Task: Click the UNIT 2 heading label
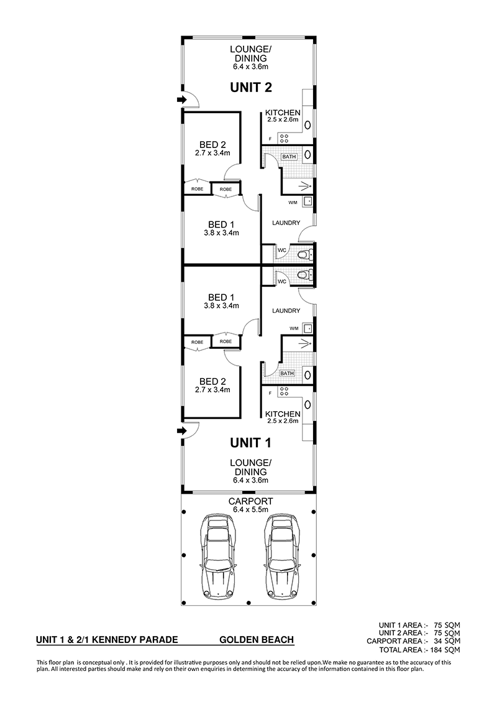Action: coord(251,87)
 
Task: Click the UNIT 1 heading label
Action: coord(251,443)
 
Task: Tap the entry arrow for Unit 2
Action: coord(181,100)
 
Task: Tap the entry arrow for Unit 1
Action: coord(181,431)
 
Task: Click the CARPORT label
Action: coord(250,501)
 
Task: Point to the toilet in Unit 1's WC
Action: coord(306,274)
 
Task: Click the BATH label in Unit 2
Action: coord(289,157)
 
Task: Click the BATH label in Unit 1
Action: coord(287,373)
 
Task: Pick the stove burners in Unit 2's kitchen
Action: coord(283,138)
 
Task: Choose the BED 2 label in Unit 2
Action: coord(212,144)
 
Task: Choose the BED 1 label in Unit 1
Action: coord(221,297)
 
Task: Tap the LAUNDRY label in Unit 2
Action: coord(286,223)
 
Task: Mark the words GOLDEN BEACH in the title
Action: coord(257,640)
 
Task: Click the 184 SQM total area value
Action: coord(445,650)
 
